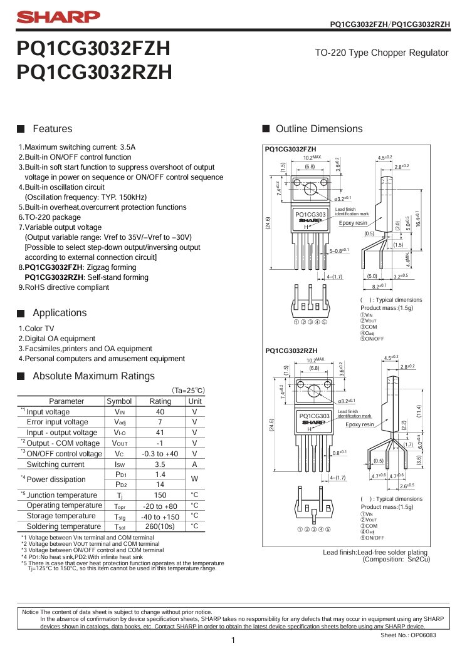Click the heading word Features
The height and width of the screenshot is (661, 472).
[52, 129]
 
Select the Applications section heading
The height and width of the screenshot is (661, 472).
[60, 312]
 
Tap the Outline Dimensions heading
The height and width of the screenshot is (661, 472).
[319, 129]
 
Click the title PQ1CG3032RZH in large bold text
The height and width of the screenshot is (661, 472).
[95, 73]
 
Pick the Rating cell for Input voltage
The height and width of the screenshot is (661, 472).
[160, 412]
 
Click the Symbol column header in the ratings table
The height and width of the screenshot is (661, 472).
[119, 401]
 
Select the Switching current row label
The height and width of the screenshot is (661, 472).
[55, 464]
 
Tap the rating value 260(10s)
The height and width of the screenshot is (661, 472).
[160, 526]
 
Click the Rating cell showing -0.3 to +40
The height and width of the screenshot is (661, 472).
[160, 454]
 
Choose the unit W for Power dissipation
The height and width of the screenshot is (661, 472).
[195, 480]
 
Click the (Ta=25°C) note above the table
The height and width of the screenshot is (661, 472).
[188, 390]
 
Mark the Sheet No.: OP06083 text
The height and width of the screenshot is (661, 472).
[408, 635]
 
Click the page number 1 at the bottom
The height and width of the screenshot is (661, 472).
[233, 640]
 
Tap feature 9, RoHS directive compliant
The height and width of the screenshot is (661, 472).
[63, 287]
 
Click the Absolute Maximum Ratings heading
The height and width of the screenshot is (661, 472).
[93, 376]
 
